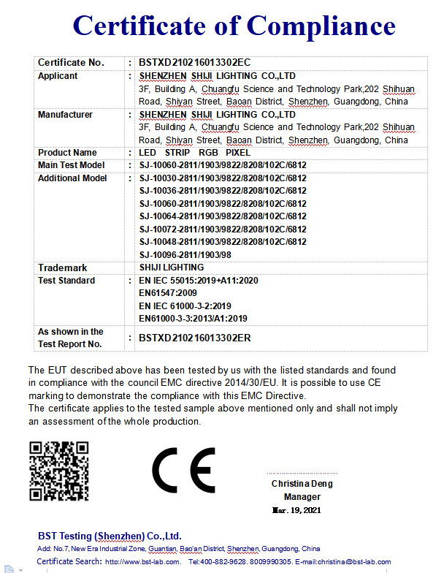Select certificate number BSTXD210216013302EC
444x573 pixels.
click(x=194, y=63)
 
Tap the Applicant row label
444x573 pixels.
click(x=58, y=76)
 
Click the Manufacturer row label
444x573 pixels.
click(x=65, y=115)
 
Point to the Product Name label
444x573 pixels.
click(x=67, y=153)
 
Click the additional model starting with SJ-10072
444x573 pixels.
click(x=223, y=229)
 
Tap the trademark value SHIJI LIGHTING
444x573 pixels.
click(x=172, y=267)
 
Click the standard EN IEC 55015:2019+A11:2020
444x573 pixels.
click(x=199, y=281)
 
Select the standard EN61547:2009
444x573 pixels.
click(x=167, y=293)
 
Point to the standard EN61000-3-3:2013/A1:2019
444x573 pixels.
click(x=193, y=319)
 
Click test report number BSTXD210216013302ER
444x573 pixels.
click(x=194, y=338)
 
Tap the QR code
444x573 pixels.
click(x=58, y=471)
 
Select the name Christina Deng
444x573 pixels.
click(x=302, y=484)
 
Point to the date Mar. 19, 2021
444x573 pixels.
click(x=296, y=510)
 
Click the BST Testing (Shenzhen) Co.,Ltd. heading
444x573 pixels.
click(x=110, y=536)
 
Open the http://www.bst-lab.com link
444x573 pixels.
click(x=143, y=561)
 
